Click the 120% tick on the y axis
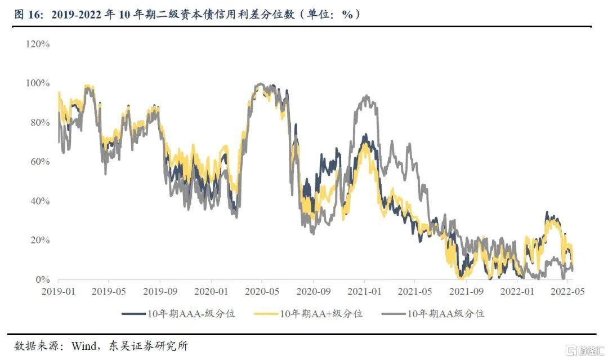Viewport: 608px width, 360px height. coord(38,44)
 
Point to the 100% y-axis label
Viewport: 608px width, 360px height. coord(38,83)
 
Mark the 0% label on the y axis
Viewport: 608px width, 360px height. coord(42,280)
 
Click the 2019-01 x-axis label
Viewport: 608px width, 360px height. coord(58,292)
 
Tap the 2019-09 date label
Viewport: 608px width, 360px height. coord(160,292)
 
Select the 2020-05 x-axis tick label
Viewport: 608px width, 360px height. coord(262,292)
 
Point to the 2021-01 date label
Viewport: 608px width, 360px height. coord(364,292)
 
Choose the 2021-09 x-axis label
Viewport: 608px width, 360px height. coord(466,292)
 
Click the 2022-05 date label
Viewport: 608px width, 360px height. coord(568,292)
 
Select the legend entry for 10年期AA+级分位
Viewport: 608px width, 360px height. coord(308,313)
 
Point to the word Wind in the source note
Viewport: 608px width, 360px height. coord(83,345)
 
